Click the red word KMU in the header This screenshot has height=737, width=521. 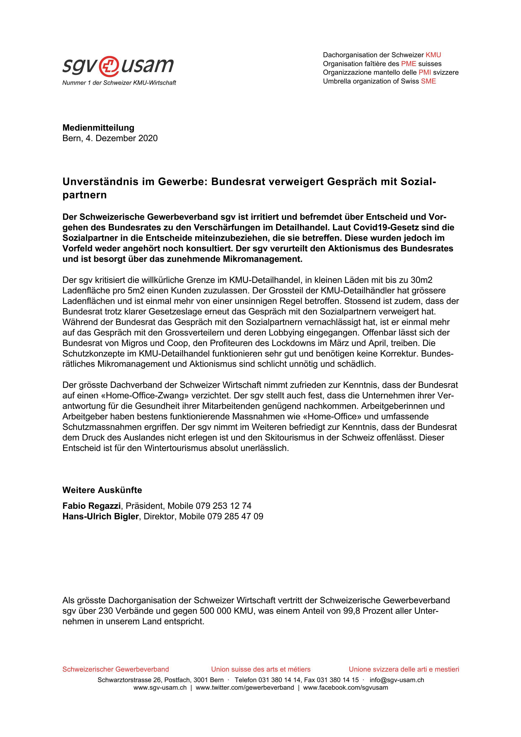tap(433, 55)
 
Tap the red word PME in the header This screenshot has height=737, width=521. tap(408, 64)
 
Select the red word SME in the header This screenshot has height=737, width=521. tap(428, 81)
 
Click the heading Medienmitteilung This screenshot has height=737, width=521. tap(98, 128)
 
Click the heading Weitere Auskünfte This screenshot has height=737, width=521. tap(102, 490)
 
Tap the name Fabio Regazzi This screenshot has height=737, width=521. tap(91, 506)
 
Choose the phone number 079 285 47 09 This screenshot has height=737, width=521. tap(235, 517)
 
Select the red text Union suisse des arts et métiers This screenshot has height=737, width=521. tap(261, 669)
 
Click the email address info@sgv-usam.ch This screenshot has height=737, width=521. tap(397, 680)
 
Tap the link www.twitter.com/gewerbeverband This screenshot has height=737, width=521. tap(245, 688)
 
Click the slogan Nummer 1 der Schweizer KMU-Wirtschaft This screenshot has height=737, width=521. tap(119, 83)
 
